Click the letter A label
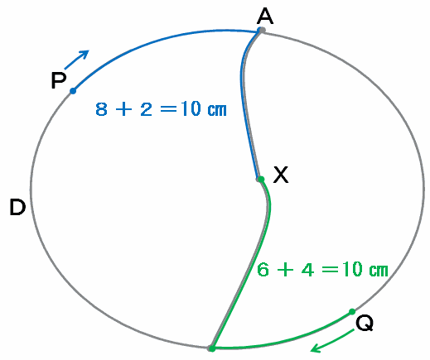[265, 16]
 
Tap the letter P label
[59, 80]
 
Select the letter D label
[17, 207]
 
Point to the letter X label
[281, 175]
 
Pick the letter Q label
[365, 323]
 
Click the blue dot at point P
[73, 91]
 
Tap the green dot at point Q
[352, 312]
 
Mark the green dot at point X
[261, 180]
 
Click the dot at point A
[261, 30]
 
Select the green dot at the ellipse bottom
[212, 348]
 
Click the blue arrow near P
[77, 60]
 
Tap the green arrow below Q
[332, 341]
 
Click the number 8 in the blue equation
[101, 109]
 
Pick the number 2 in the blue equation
[146, 109]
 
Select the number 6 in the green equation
[263, 269]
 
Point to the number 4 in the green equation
[307, 269]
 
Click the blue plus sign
[123, 109]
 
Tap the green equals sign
[330, 270]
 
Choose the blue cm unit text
[217, 110]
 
